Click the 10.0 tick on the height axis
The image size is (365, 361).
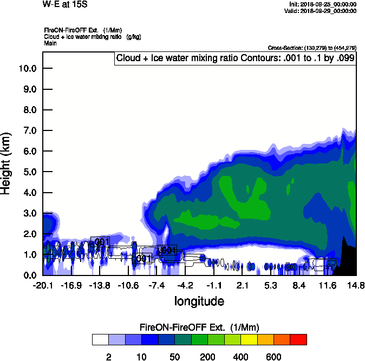26,68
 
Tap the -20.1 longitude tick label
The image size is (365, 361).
43,285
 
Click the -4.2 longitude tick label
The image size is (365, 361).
186,285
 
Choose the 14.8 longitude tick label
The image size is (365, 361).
355,285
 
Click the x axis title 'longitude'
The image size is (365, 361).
199,301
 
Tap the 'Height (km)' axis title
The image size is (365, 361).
7,163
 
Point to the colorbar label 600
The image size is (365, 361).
273,357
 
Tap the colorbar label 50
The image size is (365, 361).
175,357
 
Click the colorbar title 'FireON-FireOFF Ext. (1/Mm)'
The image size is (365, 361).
199,327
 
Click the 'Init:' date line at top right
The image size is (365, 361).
323,4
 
